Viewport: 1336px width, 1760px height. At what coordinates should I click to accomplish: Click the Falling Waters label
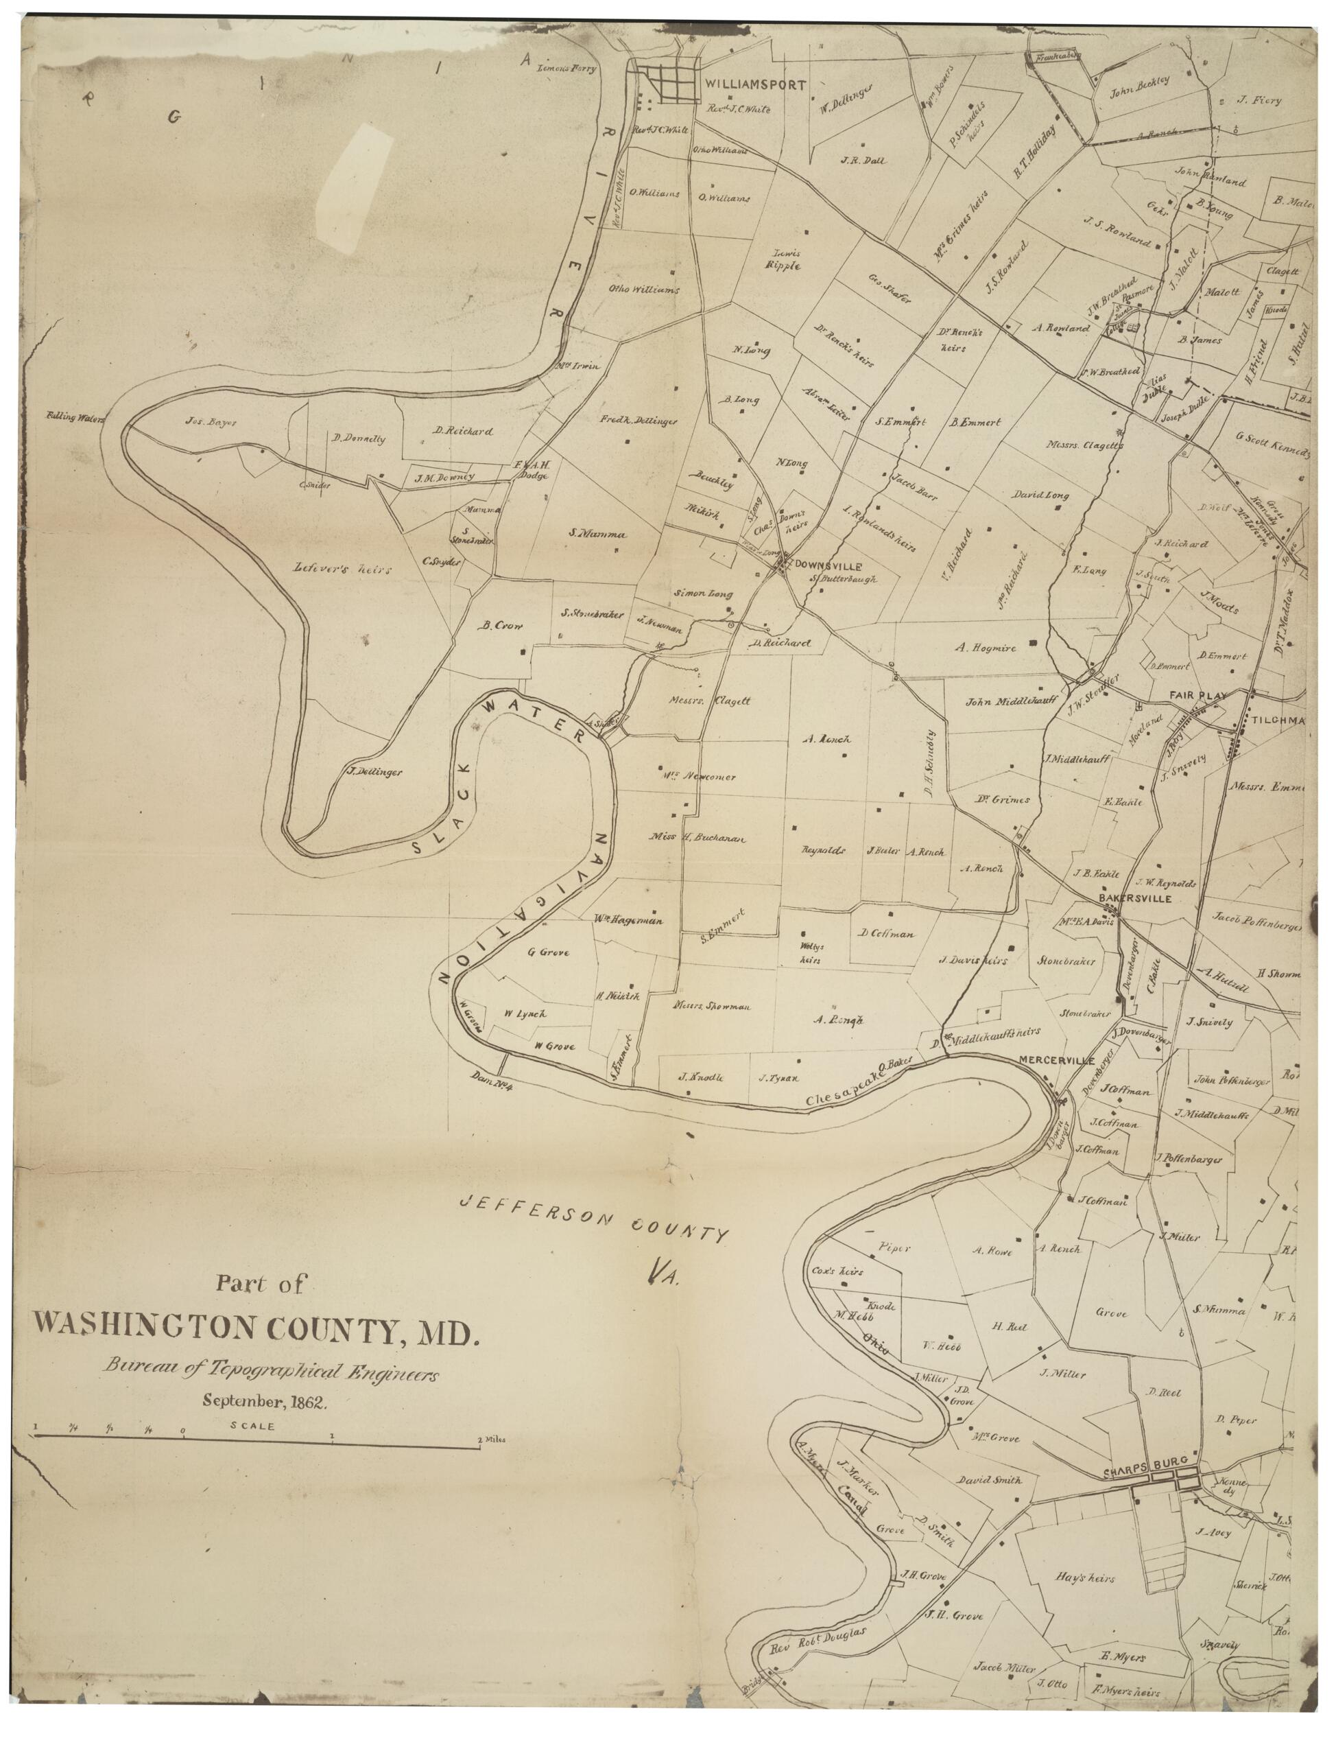76,415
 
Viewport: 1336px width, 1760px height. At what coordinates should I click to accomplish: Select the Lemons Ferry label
566,69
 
